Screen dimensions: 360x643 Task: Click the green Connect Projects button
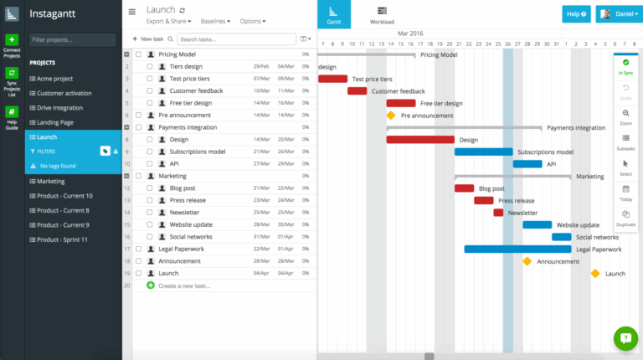tap(12, 40)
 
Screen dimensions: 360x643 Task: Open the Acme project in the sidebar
tap(56, 79)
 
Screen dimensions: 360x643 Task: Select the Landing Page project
tap(56, 121)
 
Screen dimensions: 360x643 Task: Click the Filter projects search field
tap(73, 40)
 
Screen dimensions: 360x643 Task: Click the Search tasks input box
tap(236, 39)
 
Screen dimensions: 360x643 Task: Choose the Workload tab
tap(382, 14)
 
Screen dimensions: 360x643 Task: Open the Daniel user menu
tap(618, 14)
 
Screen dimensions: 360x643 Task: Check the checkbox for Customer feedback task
tap(149, 90)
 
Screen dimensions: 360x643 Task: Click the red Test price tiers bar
tap(332, 79)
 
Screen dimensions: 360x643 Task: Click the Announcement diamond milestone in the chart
tap(527, 261)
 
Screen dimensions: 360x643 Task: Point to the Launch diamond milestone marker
tap(595, 273)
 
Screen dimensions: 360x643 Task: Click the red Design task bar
tap(419, 140)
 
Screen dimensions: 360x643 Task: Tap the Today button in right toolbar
tap(625, 193)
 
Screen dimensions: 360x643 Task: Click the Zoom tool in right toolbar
tap(625, 116)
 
